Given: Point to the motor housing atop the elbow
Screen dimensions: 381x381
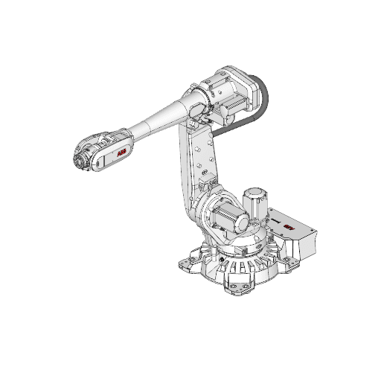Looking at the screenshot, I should [227, 89].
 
